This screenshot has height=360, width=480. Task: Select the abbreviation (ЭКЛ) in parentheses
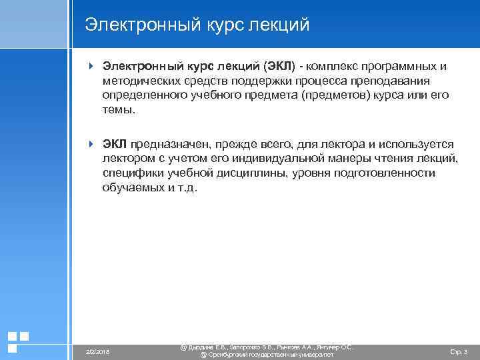[280, 66]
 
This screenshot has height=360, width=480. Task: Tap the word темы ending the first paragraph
[117, 110]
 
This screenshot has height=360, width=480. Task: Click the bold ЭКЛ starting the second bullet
[115, 144]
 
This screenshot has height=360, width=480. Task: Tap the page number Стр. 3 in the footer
[459, 351]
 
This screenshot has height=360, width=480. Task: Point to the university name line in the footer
[267, 355]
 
